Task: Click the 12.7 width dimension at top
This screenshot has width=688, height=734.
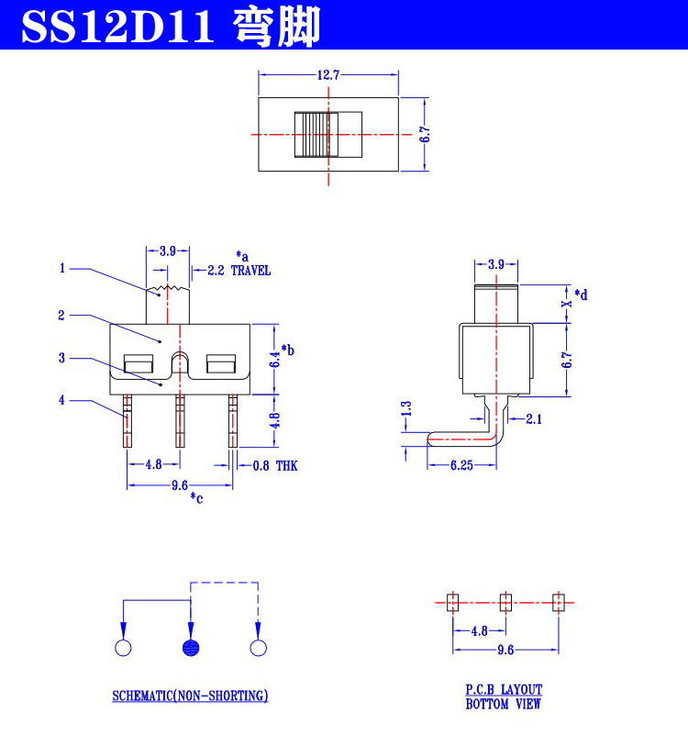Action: click(x=328, y=75)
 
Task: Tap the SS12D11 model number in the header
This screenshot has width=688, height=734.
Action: click(x=118, y=27)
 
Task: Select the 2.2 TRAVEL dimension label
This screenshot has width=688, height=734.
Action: click(x=239, y=271)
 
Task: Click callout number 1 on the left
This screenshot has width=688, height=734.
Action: click(x=61, y=268)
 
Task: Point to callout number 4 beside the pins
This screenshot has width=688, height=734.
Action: click(x=61, y=400)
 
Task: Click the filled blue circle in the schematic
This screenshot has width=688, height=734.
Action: click(x=191, y=648)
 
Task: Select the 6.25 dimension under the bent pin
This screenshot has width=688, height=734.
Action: click(x=461, y=465)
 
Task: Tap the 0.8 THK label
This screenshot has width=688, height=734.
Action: click(x=275, y=466)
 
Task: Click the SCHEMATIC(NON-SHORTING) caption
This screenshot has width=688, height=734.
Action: click(x=190, y=695)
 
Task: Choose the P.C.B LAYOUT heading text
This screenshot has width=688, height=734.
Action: click(x=504, y=690)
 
